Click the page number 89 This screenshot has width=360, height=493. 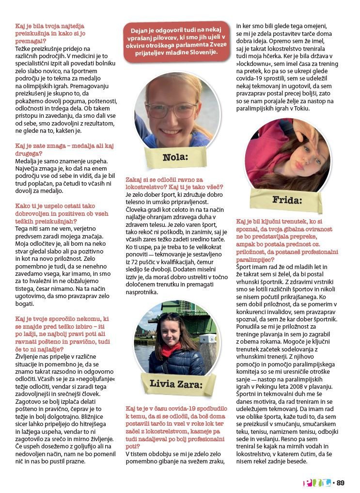click(x=340, y=483)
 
